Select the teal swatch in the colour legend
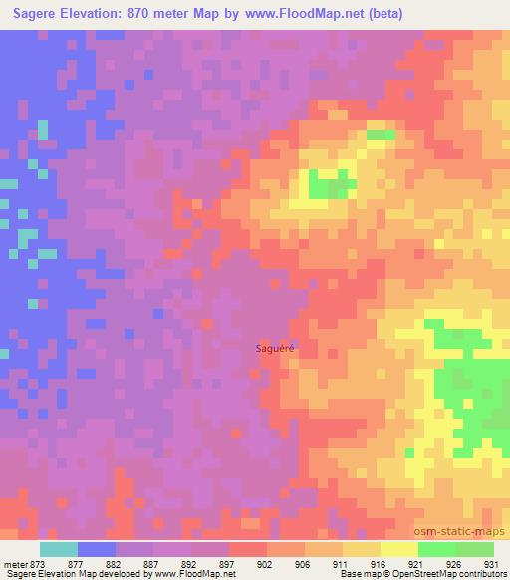59,548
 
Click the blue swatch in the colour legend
97,548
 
